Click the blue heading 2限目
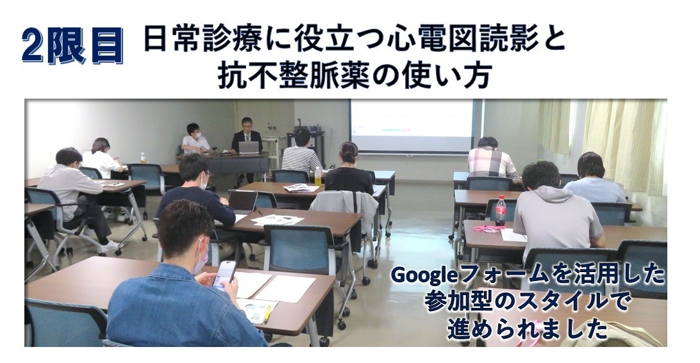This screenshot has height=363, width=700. (72, 45)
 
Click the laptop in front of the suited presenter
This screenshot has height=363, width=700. (249, 148)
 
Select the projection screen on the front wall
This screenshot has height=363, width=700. (411, 125)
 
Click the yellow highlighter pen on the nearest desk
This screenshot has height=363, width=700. (268, 313)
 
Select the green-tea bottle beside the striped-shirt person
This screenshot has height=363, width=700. (318, 177)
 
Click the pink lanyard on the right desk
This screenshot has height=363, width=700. (488, 229)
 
